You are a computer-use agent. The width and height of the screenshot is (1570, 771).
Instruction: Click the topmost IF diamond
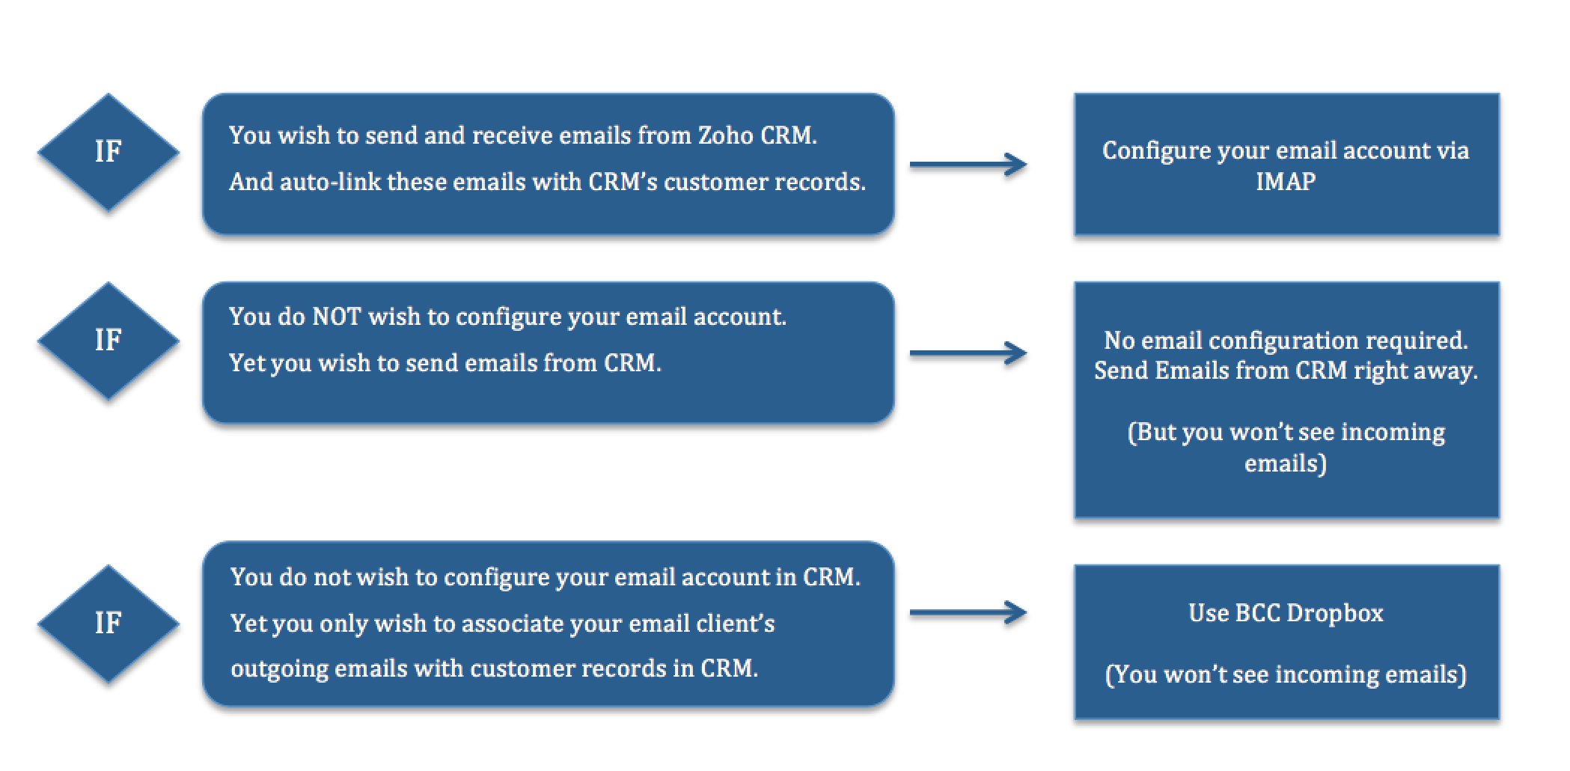point(109,152)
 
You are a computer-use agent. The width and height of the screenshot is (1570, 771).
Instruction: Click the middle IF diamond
point(109,341)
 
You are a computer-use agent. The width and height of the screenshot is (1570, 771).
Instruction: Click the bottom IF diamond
point(109,623)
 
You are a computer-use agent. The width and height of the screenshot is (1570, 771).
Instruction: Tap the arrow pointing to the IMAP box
point(968,165)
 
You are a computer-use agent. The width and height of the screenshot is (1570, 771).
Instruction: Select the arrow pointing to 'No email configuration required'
point(968,353)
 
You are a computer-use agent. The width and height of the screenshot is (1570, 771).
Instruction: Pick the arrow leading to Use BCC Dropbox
point(968,613)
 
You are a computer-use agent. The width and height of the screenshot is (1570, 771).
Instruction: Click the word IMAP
point(1286,182)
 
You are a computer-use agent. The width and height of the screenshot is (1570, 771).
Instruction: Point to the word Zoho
point(725,135)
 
